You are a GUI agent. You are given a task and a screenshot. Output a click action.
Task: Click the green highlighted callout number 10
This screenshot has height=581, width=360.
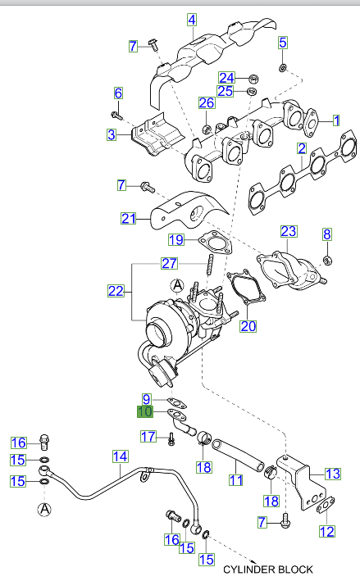[x=144, y=412]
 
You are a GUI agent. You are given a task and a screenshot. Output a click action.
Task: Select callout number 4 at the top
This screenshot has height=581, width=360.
[x=191, y=20]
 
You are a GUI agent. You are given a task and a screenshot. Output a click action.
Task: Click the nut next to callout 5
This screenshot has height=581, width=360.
[x=283, y=66]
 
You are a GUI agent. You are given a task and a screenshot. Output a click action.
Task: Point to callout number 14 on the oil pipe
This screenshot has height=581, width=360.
[x=120, y=456]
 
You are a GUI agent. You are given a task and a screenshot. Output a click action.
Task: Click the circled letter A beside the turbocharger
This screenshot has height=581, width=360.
[x=177, y=285]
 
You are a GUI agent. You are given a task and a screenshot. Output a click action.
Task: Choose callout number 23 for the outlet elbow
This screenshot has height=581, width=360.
[x=288, y=233]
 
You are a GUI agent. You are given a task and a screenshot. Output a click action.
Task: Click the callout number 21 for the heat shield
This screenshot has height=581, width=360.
[x=127, y=219]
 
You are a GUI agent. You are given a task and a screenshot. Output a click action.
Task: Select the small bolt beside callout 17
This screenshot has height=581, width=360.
[x=171, y=440]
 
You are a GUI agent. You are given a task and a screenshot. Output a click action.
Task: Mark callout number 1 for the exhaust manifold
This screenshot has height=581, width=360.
[x=335, y=120]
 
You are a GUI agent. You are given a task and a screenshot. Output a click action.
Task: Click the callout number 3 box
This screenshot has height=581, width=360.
[x=111, y=134]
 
